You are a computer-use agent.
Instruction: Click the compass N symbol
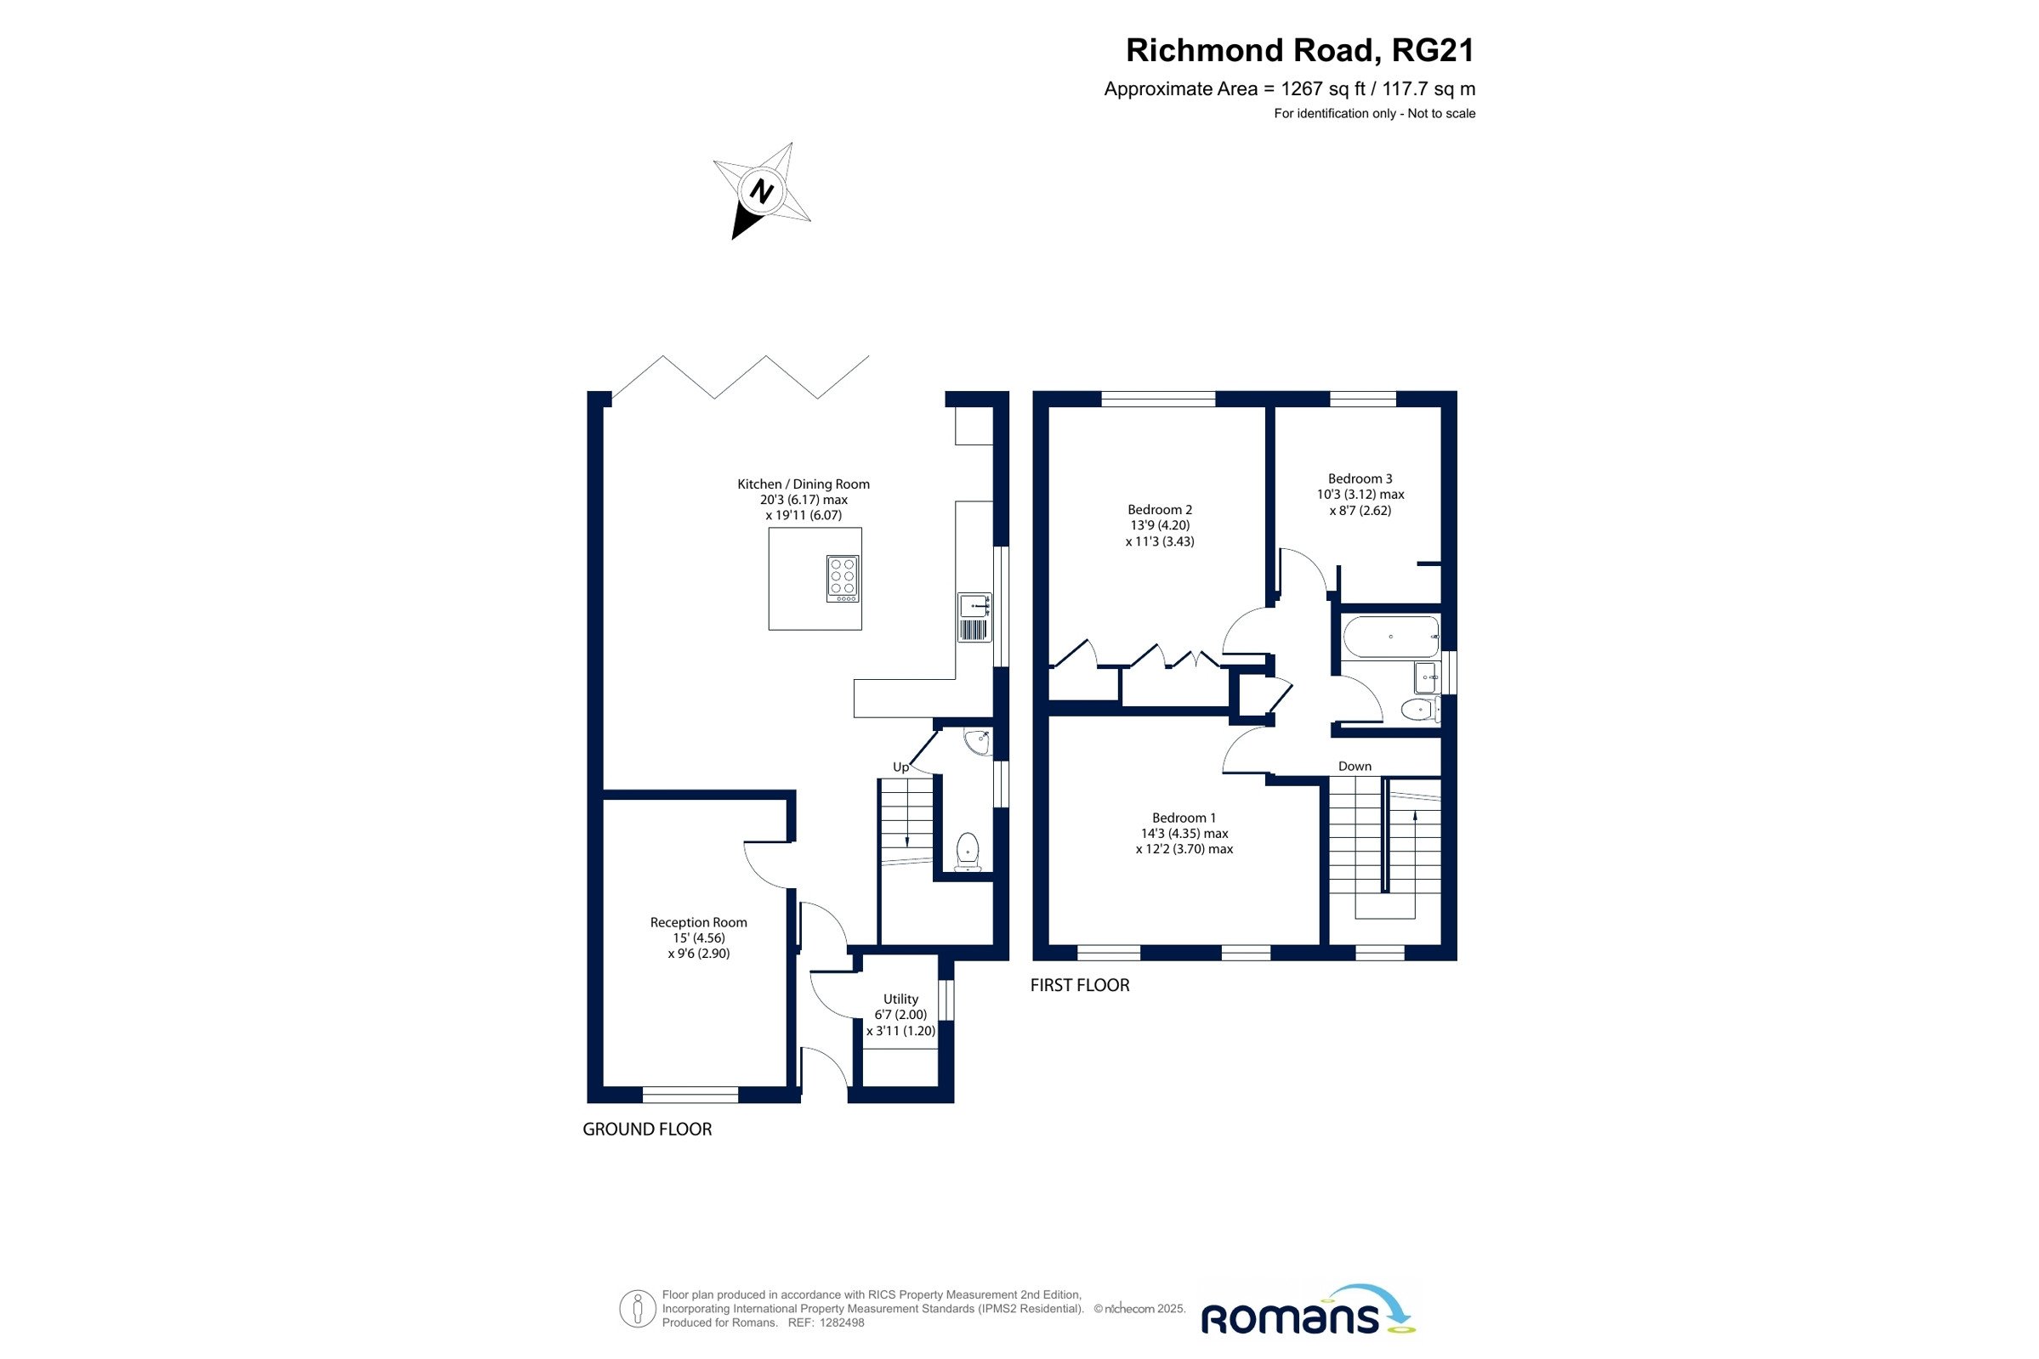tap(761, 190)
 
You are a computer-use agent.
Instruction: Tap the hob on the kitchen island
tap(842, 578)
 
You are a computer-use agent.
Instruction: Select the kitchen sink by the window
tap(974, 617)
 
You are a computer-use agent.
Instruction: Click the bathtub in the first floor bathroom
tap(1389, 637)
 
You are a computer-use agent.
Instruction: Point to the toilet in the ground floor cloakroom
tap(968, 851)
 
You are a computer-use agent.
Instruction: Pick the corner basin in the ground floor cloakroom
tap(979, 742)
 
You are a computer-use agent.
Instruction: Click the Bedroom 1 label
tap(1184, 818)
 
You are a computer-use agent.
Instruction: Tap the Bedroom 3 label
tap(1360, 478)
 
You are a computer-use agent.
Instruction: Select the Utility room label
tap(900, 999)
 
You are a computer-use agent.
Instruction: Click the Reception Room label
tap(699, 922)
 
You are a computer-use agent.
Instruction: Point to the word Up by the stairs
tap(900, 767)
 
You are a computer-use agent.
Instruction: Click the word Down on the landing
tap(1355, 766)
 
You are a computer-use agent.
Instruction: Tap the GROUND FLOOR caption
tap(647, 1130)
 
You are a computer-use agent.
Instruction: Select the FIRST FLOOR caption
tap(1079, 985)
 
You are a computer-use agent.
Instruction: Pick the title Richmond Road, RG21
tap(1300, 50)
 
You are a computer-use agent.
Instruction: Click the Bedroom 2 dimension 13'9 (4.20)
tap(1160, 525)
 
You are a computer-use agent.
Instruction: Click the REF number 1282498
tap(842, 1322)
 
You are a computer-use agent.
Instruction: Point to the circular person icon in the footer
tap(637, 1309)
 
